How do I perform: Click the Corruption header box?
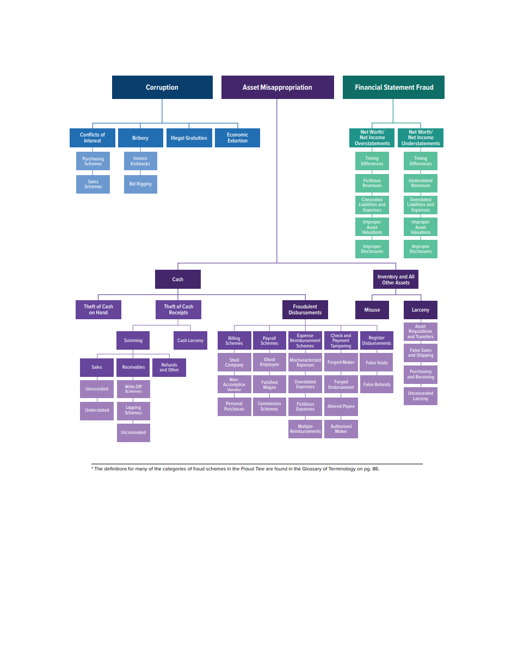(162, 87)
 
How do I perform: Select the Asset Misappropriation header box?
(277, 87)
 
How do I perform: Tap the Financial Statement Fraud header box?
(393, 87)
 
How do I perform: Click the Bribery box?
(140, 138)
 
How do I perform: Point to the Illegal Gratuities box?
(189, 138)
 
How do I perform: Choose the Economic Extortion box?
(237, 138)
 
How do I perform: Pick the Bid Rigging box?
(140, 184)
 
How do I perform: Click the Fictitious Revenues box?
(372, 183)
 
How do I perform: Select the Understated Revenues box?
(421, 183)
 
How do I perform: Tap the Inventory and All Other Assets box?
(396, 280)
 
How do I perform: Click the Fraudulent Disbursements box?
(305, 309)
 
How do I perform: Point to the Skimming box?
(133, 340)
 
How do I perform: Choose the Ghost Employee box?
(269, 362)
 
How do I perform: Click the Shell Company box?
(234, 362)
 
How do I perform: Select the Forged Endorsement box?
(341, 384)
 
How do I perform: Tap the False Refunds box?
(377, 384)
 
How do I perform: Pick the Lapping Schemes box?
(133, 410)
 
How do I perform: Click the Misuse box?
(372, 309)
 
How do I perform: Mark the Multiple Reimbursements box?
(305, 429)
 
